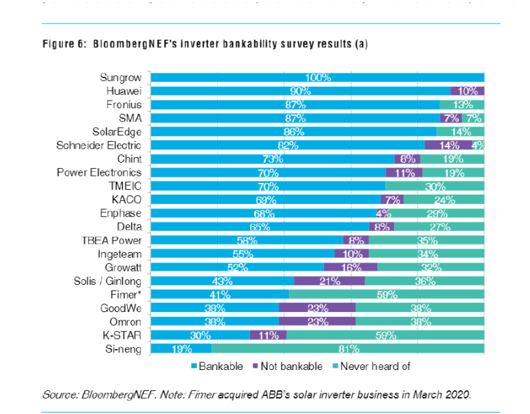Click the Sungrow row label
click(121, 77)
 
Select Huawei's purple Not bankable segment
click(467, 91)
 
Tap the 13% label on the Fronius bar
click(462, 105)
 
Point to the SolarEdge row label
click(117, 131)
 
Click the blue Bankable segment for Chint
click(272, 158)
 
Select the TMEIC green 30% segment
click(434, 186)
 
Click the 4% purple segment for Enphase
click(383, 213)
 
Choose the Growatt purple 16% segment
click(351, 267)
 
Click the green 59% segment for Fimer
click(386, 294)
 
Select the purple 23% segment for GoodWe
click(317, 308)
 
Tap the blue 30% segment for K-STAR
click(200, 335)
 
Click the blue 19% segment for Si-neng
click(182, 348)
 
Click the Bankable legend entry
click(216, 366)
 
